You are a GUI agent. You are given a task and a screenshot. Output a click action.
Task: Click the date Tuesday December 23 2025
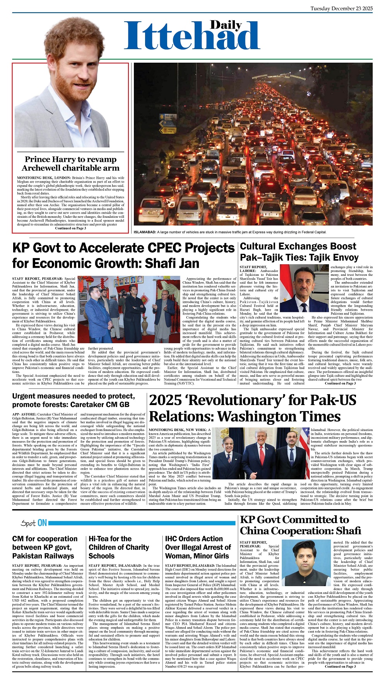tap(341, 9)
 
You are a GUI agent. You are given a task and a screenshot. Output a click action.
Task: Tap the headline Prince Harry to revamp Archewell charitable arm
tap(70, 164)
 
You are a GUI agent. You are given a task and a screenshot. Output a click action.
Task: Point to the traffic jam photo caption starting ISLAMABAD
tap(230, 232)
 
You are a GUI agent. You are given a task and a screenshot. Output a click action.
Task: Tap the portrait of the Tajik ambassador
tap(304, 288)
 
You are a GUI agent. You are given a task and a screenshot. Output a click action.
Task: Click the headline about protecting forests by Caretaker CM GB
tap(74, 400)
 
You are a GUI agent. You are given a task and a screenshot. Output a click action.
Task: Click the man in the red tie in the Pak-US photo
tap(259, 457)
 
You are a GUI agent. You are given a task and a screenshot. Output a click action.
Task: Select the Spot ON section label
tap(34, 523)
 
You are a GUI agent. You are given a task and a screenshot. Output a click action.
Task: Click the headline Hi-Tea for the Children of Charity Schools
tap(119, 547)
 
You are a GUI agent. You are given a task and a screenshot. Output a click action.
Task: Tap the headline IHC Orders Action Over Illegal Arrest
tap(198, 547)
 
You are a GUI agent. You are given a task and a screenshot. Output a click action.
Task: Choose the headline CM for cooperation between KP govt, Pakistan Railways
tap(45, 547)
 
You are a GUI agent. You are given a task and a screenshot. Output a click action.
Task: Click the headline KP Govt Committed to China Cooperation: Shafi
tap(300, 525)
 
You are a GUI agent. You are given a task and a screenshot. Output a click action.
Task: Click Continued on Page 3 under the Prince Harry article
tap(70, 228)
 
